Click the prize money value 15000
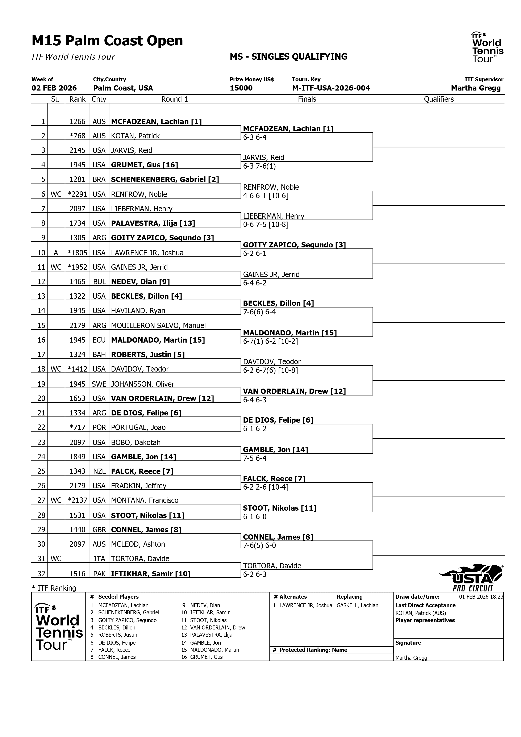pos(241,88)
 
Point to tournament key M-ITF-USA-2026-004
pos(331,88)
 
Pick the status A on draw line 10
pos(56,253)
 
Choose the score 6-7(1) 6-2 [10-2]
pos(270,342)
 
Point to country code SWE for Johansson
pos(99,384)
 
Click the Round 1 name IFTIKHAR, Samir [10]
pos(151,574)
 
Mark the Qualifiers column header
pos(438,99)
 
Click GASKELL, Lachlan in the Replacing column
pos(357,605)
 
